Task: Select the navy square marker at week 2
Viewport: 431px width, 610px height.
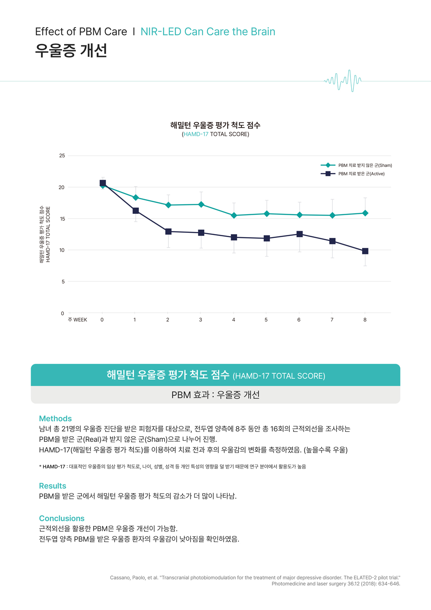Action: [x=168, y=231]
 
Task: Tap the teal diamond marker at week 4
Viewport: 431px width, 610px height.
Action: [x=234, y=215]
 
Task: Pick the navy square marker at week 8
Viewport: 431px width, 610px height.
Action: [x=365, y=251]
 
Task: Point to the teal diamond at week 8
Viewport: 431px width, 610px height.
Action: [x=365, y=213]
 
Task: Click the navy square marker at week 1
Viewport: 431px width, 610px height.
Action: [x=136, y=211]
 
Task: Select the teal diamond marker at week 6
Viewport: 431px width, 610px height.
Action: [x=300, y=215]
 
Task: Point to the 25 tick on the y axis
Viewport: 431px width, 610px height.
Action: [x=62, y=156]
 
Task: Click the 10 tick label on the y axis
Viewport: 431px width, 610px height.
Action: [x=62, y=250]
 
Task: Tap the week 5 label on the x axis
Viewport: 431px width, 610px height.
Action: [x=266, y=320]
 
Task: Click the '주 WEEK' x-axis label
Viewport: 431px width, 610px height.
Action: [x=77, y=320]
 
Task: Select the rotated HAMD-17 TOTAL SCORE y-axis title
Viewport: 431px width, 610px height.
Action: [x=48, y=234]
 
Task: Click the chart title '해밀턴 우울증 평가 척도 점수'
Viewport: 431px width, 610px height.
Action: [x=215, y=125]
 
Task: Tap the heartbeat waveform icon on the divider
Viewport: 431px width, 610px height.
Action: [x=343, y=80]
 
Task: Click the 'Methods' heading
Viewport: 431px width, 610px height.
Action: [x=55, y=419]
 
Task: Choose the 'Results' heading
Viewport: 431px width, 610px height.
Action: [x=53, y=486]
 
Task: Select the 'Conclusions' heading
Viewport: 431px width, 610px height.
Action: [x=62, y=519]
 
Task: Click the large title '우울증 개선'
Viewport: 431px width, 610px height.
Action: [x=71, y=50]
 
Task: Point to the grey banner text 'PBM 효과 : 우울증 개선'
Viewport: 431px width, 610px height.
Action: [x=215, y=395]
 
